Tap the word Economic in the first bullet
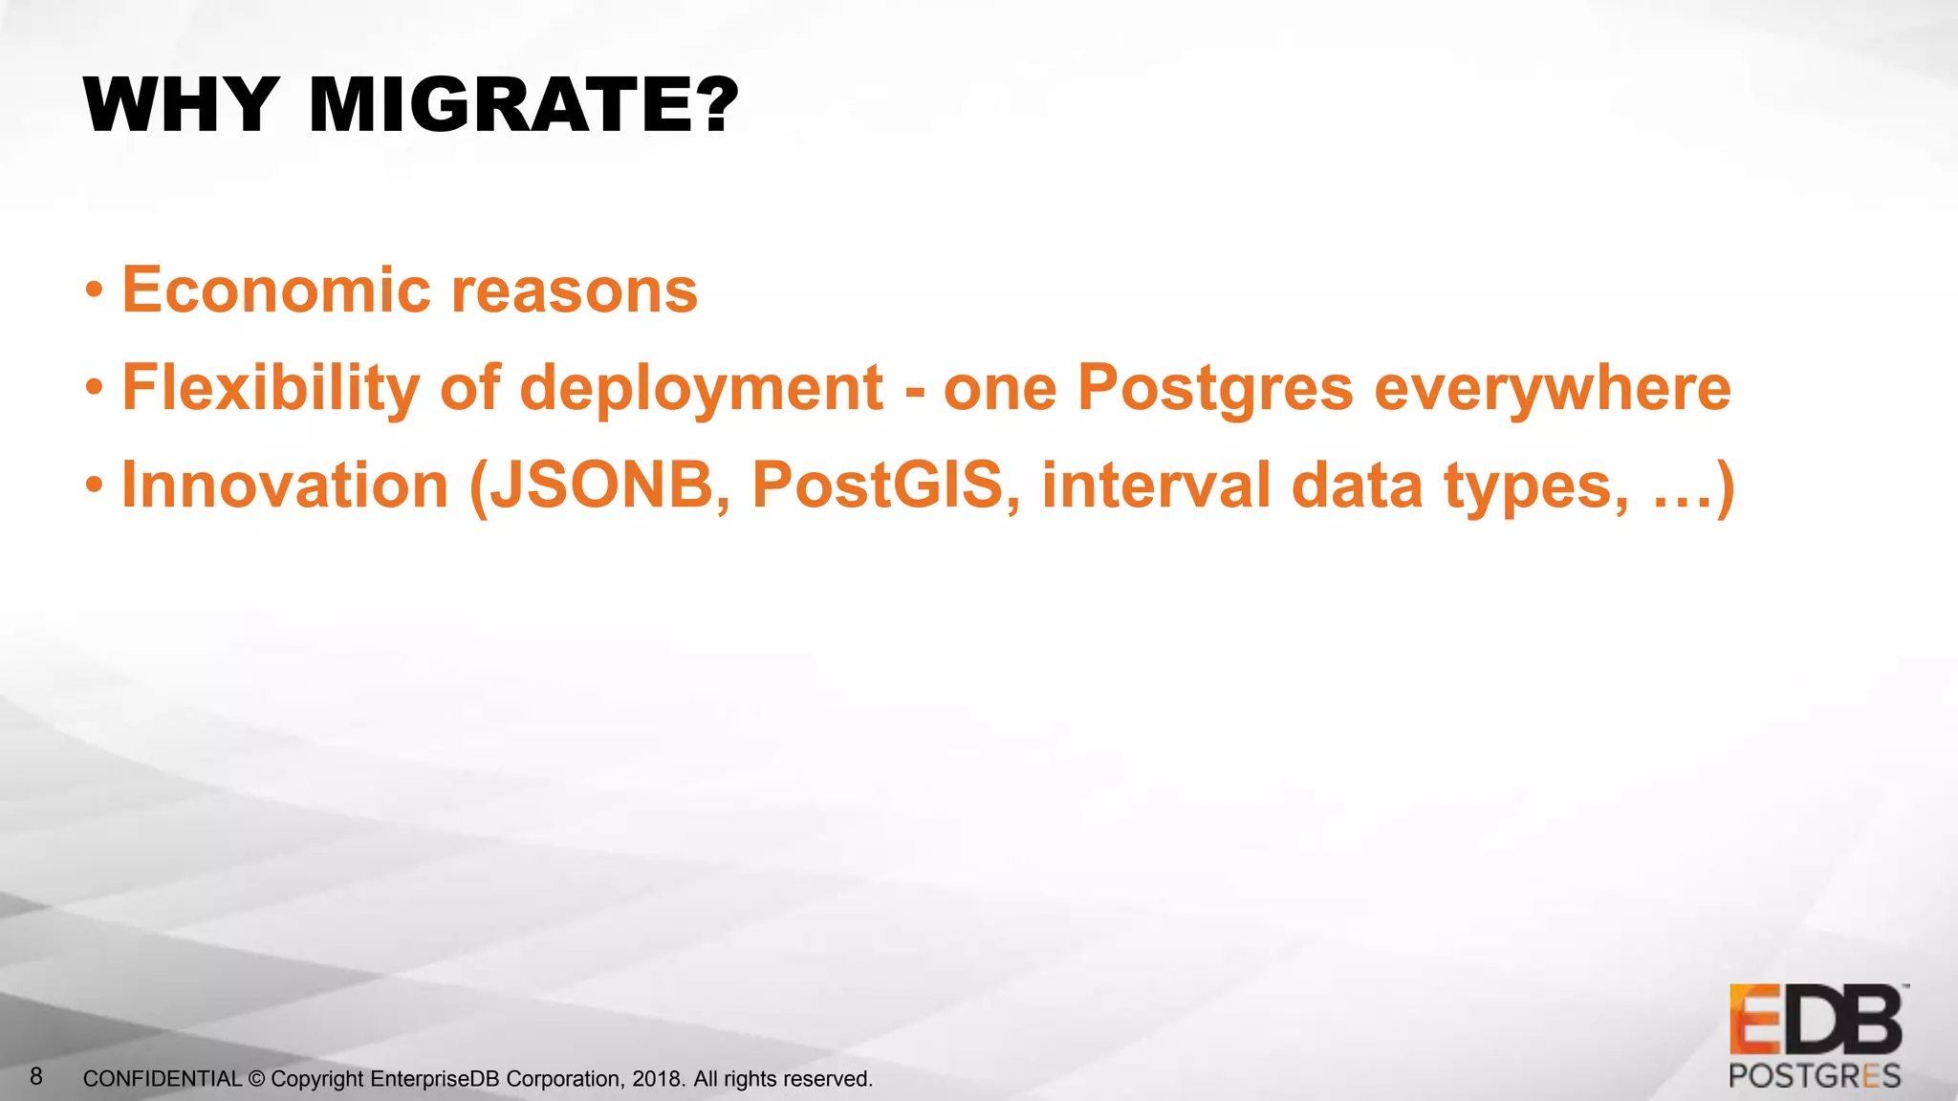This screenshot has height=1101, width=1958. [x=276, y=290]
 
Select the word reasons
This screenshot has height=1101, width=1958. [x=575, y=291]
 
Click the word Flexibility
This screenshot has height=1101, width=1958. [x=271, y=388]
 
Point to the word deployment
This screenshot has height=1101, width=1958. [x=701, y=390]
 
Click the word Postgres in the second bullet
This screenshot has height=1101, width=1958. [x=1215, y=390]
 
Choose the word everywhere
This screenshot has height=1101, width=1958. [x=1552, y=388]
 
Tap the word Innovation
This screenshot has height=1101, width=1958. [x=285, y=486]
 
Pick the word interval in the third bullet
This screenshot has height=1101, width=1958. [x=1156, y=486]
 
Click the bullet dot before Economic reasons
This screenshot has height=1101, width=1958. [x=94, y=290]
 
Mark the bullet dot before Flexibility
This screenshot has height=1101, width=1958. [x=94, y=387]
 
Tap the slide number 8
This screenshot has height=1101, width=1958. [x=36, y=1077]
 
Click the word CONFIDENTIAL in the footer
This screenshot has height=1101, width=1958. [x=163, y=1079]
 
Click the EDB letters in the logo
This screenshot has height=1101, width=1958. [x=1815, y=1021]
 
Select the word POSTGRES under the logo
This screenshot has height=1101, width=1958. [x=1815, y=1077]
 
